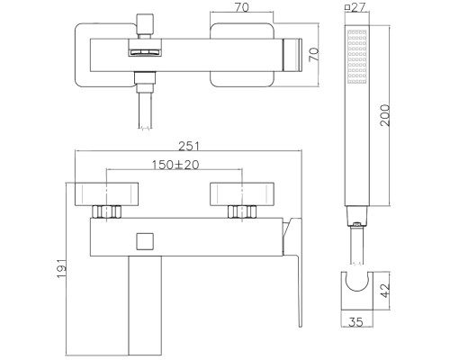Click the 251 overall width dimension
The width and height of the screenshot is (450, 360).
(x=187, y=146)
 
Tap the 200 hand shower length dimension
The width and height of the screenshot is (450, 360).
(x=386, y=114)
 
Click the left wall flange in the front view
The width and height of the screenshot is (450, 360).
(x=107, y=195)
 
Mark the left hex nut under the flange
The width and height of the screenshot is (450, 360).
(x=108, y=213)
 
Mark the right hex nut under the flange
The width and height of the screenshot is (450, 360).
(x=240, y=213)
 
